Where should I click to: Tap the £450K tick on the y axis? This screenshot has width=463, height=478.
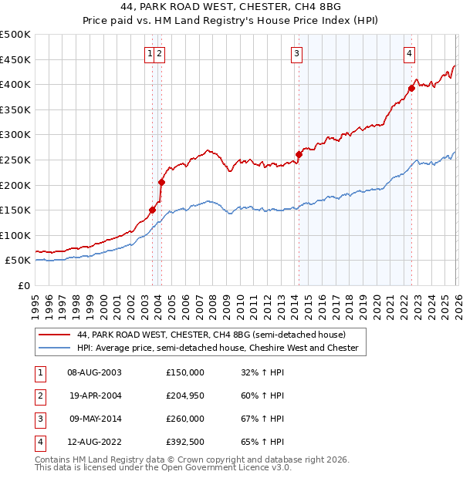(x=15, y=59)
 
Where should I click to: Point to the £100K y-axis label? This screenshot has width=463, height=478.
(x=15, y=235)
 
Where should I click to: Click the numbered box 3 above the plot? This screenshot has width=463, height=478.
(x=296, y=53)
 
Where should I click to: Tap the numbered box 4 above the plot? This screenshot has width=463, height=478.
(x=409, y=53)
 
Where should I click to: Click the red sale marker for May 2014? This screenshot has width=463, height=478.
(x=299, y=154)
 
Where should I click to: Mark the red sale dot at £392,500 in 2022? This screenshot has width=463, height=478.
(x=411, y=88)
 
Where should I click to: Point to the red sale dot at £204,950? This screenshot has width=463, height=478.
(x=162, y=182)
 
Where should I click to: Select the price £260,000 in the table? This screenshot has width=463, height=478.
(x=185, y=419)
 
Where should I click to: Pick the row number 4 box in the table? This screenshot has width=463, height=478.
(x=39, y=442)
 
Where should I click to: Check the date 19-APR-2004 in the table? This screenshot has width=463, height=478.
(x=95, y=396)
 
